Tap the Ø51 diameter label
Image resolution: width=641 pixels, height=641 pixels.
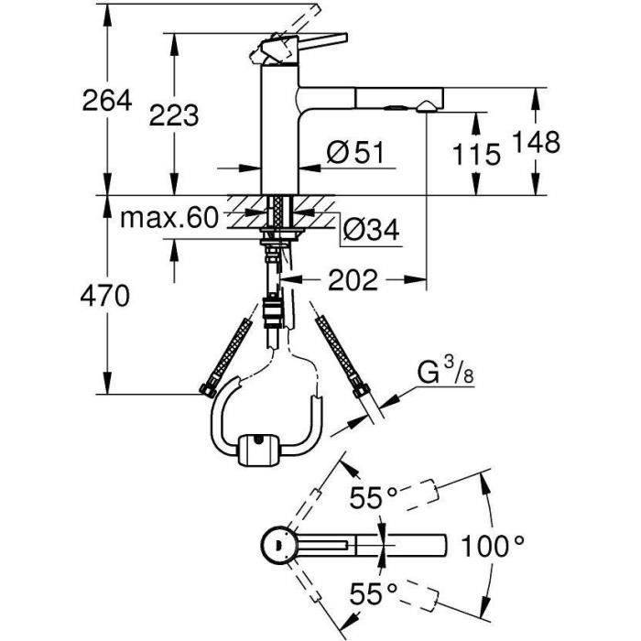[352, 154]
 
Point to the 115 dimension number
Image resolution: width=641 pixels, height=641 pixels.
[475, 154]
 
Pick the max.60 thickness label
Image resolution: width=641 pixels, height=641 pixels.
[170, 218]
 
